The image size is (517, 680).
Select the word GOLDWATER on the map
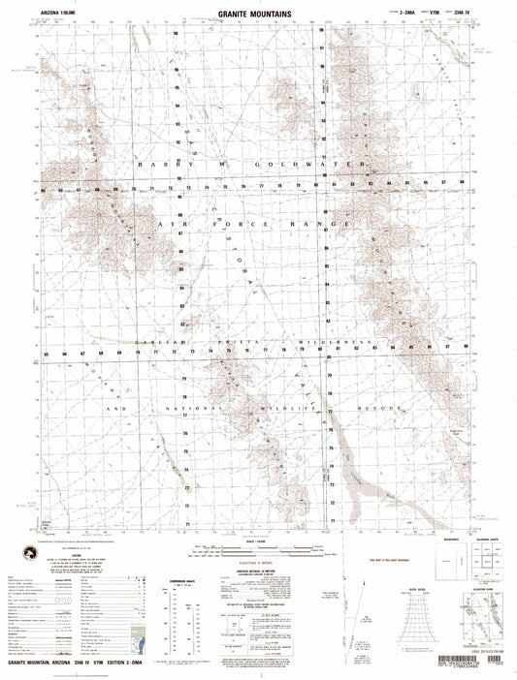(x=323, y=166)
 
